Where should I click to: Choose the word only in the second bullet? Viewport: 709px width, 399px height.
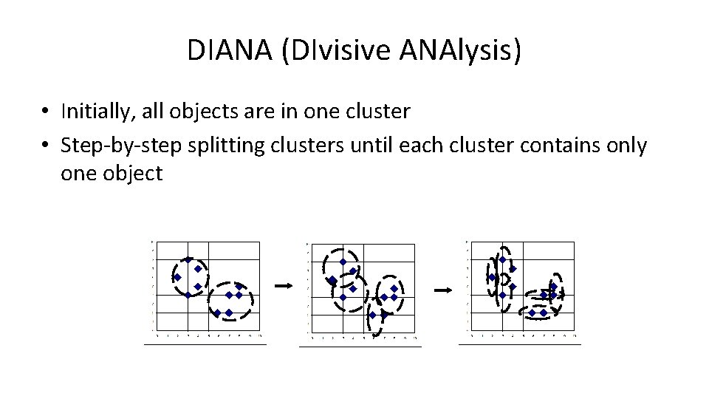click(x=628, y=146)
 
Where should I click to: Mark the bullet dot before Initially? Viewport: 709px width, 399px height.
click(x=46, y=112)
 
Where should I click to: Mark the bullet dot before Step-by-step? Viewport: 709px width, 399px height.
click(x=46, y=146)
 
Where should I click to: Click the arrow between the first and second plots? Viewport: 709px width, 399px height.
click(x=283, y=285)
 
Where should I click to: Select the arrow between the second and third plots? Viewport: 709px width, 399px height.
click(x=442, y=290)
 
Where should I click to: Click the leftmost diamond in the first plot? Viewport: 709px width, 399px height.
click(x=177, y=278)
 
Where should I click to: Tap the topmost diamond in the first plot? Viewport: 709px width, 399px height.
click(x=188, y=259)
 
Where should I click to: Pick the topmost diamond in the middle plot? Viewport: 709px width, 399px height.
click(x=343, y=262)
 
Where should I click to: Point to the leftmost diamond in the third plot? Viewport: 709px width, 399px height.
click(x=492, y=278)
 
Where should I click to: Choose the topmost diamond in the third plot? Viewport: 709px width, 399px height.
click(x=503, y=259)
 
